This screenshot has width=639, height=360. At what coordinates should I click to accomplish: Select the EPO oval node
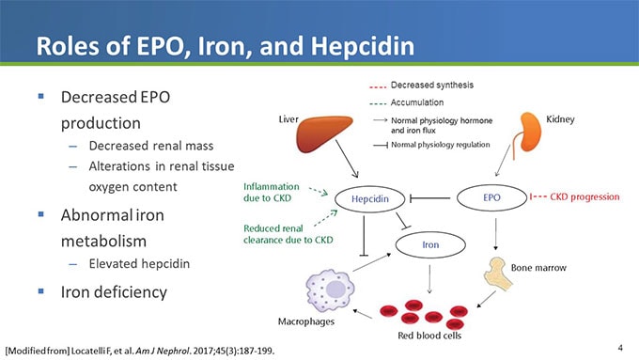pos(491,197)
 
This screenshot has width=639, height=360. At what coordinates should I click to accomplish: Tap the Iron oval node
pos(430,245)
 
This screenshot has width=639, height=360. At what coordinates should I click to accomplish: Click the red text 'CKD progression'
pos(584,197)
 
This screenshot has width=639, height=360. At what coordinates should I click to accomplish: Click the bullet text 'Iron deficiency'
pos(114,291)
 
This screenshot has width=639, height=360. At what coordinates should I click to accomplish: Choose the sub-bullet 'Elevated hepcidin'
pos(139,264)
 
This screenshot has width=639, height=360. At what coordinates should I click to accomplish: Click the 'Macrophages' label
pos(307,321)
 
